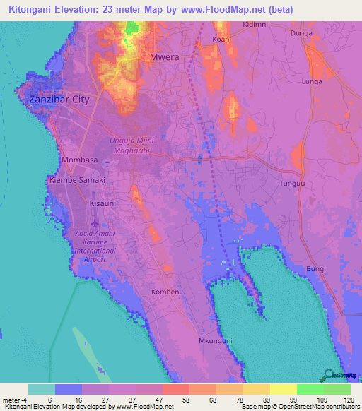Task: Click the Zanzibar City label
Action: tap(59, 100)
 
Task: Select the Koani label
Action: tap(222, 40)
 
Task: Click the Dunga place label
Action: tap(301, 32)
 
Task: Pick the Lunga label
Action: tap(312, 82)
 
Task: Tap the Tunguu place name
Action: tap(291, 183)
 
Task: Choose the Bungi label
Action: tap(316, 269)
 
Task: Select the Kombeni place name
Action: tap(167, 291)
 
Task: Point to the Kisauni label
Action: tap(83, 203)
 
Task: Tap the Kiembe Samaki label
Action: tap(76, 180)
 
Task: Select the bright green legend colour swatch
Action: tap(310, 389)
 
